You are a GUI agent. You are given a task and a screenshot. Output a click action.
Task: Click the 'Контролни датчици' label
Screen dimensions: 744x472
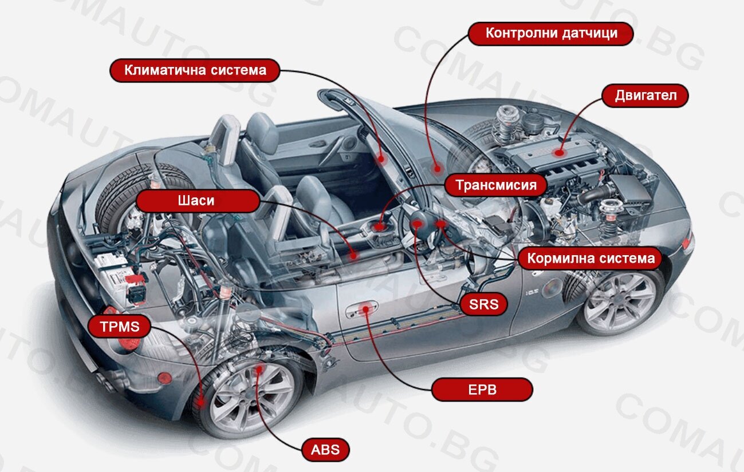550,34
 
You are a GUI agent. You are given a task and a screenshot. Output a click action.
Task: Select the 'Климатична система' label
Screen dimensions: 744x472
195,70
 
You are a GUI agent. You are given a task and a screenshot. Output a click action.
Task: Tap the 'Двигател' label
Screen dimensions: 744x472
645,96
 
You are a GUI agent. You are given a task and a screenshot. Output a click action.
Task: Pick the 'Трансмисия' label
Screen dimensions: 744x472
496,185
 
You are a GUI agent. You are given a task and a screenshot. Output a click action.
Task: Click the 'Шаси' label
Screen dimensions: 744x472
198,201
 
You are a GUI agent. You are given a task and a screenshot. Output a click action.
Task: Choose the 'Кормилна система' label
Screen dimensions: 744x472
591,258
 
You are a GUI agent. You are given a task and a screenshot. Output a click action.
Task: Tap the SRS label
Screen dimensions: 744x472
483,304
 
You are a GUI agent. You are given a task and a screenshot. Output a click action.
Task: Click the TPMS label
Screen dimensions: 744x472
120,327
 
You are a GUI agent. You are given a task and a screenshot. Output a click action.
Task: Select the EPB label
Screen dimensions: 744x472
482,390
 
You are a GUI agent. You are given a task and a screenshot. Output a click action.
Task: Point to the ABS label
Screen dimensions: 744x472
325,450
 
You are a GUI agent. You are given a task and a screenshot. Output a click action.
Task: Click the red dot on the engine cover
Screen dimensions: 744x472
560,153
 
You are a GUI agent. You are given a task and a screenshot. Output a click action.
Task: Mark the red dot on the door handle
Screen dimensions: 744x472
365,309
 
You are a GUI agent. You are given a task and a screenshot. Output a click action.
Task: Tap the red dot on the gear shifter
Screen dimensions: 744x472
379,227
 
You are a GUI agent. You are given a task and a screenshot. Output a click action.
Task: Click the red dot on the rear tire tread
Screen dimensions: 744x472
201,403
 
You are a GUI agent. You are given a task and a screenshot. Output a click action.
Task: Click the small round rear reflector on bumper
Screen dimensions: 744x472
164,378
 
